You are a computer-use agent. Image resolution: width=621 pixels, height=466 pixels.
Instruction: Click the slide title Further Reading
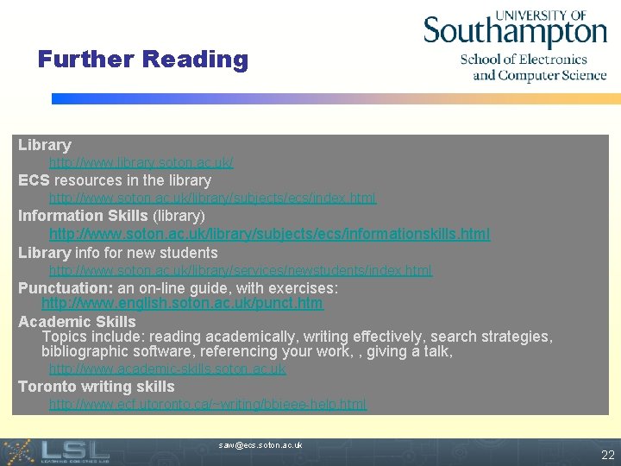click(142, 60)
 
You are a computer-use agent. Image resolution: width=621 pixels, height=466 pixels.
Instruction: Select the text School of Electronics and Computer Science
click(533, 67)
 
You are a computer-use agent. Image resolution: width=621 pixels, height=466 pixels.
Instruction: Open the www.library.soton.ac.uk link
click(141, 162)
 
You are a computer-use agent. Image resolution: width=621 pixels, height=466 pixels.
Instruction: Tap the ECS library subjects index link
click(212, 198)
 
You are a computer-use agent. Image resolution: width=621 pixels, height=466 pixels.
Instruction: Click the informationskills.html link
click(269, 234)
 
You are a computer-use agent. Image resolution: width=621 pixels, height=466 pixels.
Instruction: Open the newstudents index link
click(241, 270)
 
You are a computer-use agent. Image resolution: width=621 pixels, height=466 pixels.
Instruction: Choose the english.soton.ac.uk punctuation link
click(182, 303)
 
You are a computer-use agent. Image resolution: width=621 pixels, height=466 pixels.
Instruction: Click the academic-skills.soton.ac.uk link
click(167, 368)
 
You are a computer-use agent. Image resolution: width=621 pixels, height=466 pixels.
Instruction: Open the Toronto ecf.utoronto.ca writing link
click(207, 404)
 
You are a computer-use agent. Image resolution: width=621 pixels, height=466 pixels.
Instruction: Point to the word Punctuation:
click(66, 287)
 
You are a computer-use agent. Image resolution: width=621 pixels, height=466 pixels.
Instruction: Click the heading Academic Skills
click(77, 322)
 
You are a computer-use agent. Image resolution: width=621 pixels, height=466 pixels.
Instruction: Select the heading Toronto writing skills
click(96, 387)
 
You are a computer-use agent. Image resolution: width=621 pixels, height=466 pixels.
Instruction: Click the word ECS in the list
click(34, 180)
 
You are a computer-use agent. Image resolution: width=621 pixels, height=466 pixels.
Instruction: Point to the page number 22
click(607, 455)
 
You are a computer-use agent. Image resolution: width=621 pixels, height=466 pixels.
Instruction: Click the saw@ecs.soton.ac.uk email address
click(260, 445)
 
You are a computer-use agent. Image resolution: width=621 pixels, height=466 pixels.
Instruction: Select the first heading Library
click(44, 145)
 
